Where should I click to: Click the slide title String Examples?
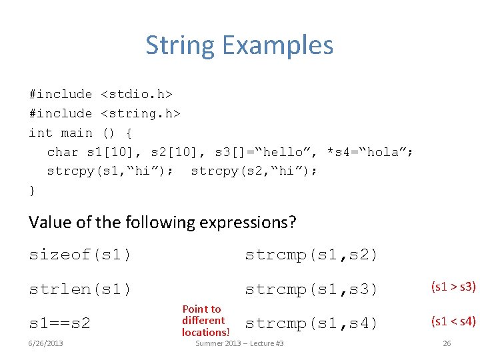[x=239, y=45]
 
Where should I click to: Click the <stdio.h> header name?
[x=136, y=94]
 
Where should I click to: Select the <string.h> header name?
[x=140, y=113]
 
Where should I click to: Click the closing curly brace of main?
[x=32, y=191]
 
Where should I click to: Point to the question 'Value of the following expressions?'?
[x=162, y=222]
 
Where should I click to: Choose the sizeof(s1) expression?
[x=80, y=255]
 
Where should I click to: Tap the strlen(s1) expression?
[x=80, y=289]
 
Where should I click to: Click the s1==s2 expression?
[x=60, y=324]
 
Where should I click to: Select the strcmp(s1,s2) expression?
[x=311, y=255]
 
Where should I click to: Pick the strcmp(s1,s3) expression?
[x=311, y=289]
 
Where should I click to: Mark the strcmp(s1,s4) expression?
[x=311, y=324]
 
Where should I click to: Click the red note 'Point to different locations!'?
[x=205, y=321]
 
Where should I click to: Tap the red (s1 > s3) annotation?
[x=453, y=287]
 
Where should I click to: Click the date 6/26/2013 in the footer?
[x=46, y=343]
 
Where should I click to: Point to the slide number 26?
[x=447, y=343]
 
